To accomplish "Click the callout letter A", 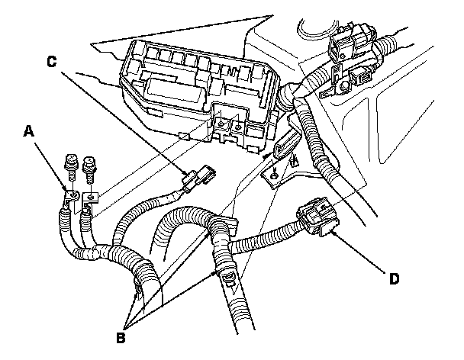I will (29, 131).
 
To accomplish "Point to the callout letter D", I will (395, 278).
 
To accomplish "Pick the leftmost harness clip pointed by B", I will (137, 286).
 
